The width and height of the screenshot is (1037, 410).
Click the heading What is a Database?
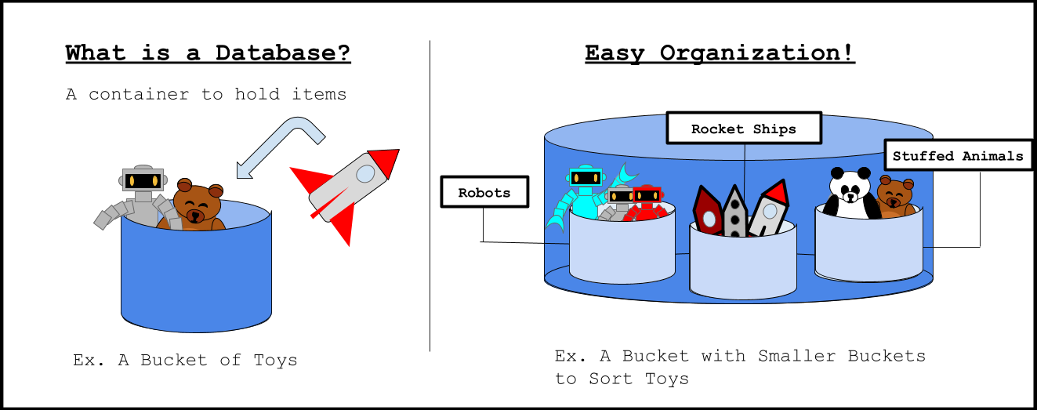(x=208, y=53)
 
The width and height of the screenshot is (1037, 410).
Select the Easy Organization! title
(x=720, y=53)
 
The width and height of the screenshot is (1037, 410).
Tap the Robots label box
(x=484, y=192)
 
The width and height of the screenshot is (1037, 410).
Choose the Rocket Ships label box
(x=743, y=129)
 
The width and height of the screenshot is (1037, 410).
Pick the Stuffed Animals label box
(x=957, y=155)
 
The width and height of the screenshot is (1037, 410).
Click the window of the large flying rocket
(x=364, y=172)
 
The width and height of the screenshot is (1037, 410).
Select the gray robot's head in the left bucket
(x=143, y=180)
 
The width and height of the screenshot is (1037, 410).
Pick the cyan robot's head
(x=585, y=179)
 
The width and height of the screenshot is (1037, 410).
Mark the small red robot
(x=647, y=202)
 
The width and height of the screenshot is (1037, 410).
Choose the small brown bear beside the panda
(x=895, y=197)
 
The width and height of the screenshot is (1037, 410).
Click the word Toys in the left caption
(x=275, y=361)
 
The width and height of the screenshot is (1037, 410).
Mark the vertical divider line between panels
(x=430, y=196)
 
